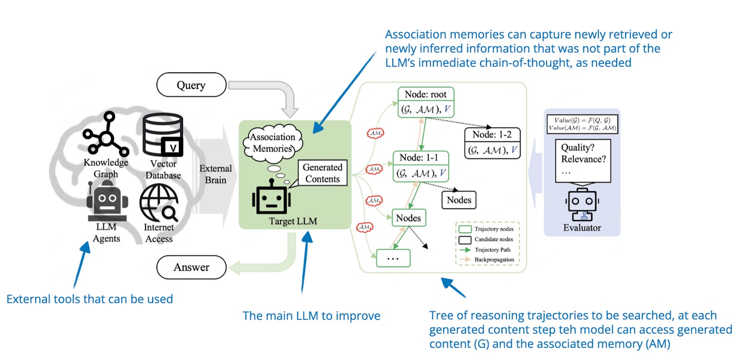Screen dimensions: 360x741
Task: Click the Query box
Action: pyautogui.click(x=191, y=85)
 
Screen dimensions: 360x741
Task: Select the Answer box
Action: pyautogui.click(x=191, y=267)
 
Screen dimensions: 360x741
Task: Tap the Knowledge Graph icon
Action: pyautogui.click(x=106, y=134)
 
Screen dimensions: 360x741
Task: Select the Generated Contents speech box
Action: pyautogui.click(x=322, y=173)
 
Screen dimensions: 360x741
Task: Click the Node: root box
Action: pyautogui.click(x=426, y=102)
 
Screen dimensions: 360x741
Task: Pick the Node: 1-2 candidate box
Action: pyautogui.click(x=492, y=143)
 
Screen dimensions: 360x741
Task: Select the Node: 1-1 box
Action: pyautogui.click(x=421, y=166)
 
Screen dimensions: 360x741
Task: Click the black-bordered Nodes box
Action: pyautogui.click(x=458, y=200)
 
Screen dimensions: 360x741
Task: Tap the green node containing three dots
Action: pyautogui.click(x=393, y=258)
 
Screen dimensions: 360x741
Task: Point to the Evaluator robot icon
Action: pyautogui.click(x=582, y=204)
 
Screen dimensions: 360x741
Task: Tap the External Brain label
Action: pyautogui.click(x=215, y=174)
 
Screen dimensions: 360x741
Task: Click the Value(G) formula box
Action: pyautogui.click(x=582, y=124)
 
